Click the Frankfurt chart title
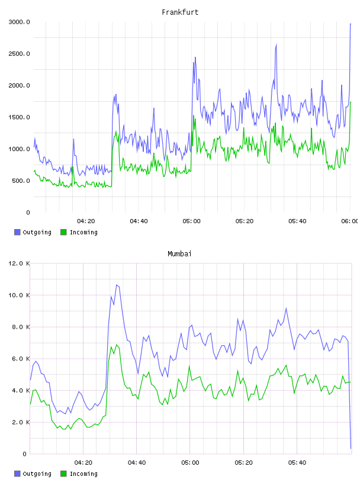(180, 12)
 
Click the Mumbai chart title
(179, 254)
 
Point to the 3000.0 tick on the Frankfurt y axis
(20, 22)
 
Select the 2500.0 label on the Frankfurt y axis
(20, 54)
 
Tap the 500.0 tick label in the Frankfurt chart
(21, 181)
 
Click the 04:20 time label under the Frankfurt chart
(86, 221)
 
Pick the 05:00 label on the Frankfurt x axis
(191, 221)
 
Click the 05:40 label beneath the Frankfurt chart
(297, 221)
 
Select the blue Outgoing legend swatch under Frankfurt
(17, 232)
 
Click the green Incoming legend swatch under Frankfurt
(63, 232)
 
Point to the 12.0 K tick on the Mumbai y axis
(20, 263)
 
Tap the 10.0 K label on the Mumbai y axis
(20, 295)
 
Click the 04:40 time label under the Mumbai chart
(137, 463)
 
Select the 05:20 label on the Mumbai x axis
(243, 463)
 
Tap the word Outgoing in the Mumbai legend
(37, 474)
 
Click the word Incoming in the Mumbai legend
(83, 474)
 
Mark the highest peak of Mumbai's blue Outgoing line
(117, 285)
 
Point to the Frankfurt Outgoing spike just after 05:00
(195, 57)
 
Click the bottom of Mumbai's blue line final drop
(351, 449)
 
